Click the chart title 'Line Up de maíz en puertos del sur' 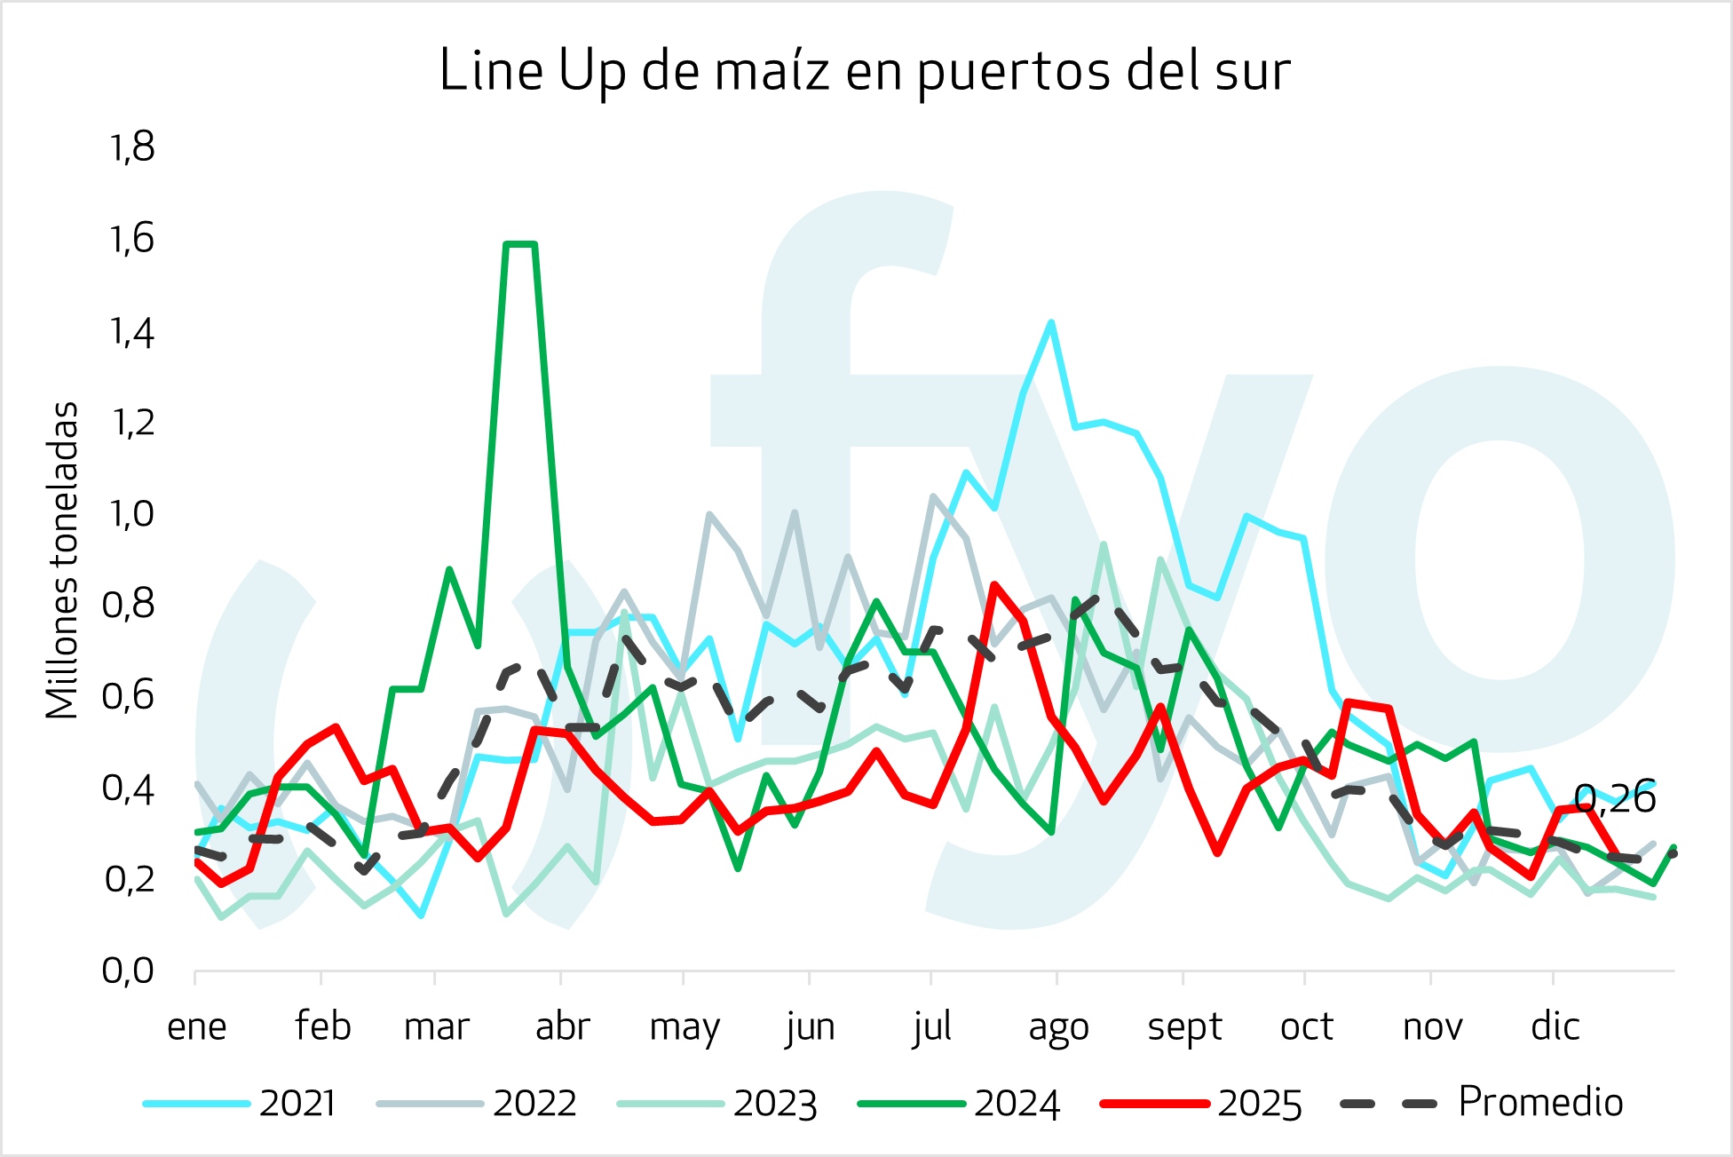(865, 71)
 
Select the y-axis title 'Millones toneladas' (63, 560)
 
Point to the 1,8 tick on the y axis (131, 147)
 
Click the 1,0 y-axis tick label (130, 514)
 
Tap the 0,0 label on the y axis (128, 971)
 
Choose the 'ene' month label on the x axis (196, 1027)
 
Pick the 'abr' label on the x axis (562, 1027)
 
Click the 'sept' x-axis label (1184, 1027)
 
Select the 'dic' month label (1555, 1027)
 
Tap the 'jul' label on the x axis (931, 1027)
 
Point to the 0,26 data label (1614, 799)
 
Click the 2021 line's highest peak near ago (1051, 322)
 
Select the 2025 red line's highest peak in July (994, 585)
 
